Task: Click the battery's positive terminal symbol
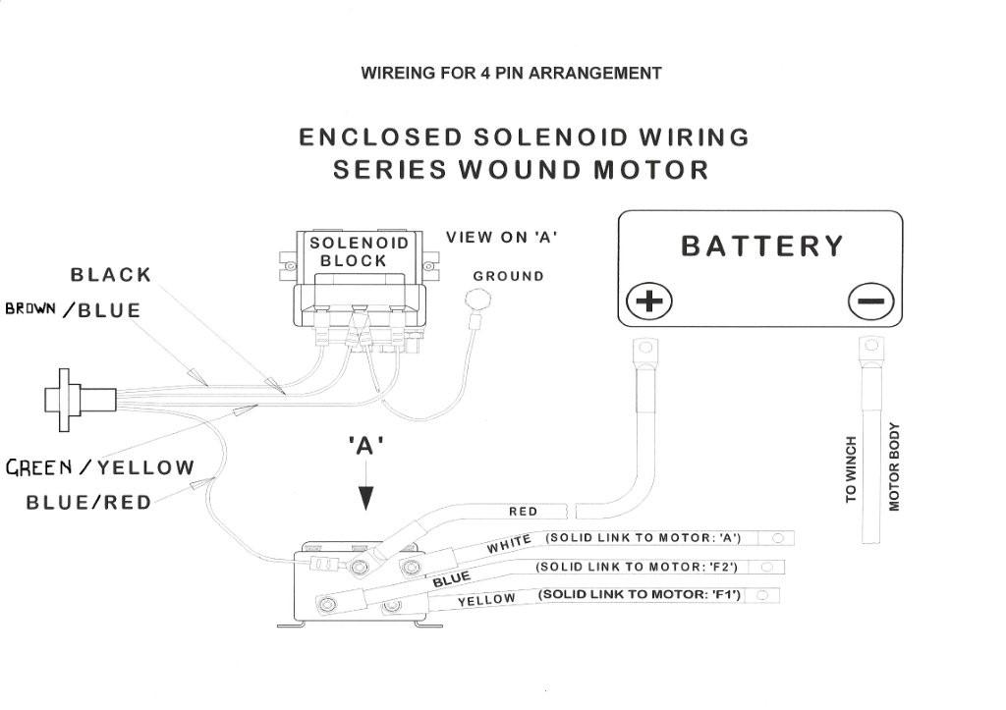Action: [x=648, y=300]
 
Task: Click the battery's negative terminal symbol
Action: [x=870, y=300]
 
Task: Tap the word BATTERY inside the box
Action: [x=762, y=246]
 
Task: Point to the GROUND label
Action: [x=508, y=276]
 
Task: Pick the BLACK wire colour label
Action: [x=111, y=274]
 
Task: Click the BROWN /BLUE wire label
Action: [x=74, y=310]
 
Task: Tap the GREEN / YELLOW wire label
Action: [x=100, y=466]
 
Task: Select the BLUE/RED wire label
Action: [x=88, y=503]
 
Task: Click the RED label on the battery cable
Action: [x=523, y=512]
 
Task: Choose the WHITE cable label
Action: [x=509, y=542]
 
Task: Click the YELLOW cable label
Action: [x=486, y=600]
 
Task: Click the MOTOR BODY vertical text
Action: [x=894, y=467]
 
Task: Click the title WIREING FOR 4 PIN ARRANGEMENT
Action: [x=511, y=74]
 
